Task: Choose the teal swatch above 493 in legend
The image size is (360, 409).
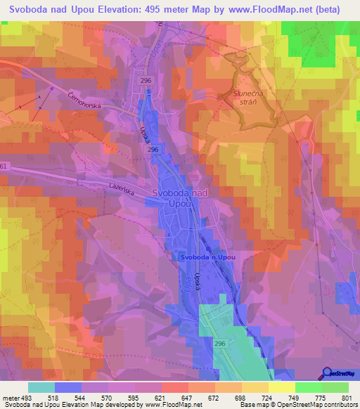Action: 41,387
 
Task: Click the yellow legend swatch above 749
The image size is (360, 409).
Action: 282,387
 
